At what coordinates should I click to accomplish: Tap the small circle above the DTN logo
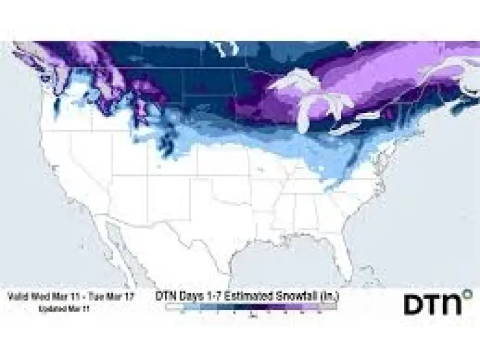coord(468,294)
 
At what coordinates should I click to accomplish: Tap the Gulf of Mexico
coord(281,265)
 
